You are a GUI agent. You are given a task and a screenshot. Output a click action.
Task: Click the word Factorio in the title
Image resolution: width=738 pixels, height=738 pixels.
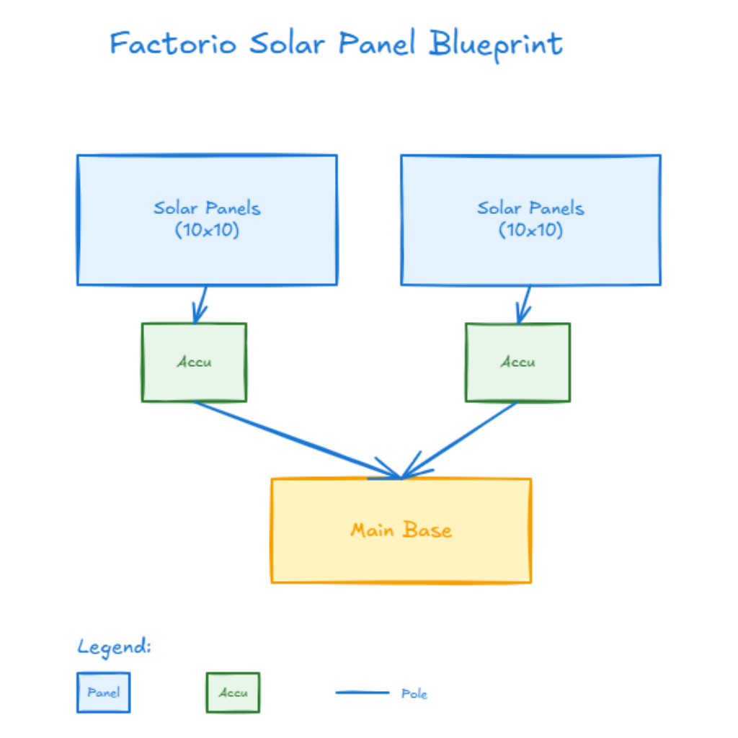coord(173,44)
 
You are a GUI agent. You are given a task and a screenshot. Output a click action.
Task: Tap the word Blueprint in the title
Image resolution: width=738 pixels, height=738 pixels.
coord(496,45)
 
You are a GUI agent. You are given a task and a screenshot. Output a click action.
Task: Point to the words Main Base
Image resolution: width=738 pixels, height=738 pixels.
coord(401,530)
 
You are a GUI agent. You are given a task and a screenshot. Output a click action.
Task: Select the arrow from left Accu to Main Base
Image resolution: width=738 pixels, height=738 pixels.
coord(295,440)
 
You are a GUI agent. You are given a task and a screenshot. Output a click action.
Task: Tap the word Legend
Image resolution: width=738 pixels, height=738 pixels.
coord(114,646)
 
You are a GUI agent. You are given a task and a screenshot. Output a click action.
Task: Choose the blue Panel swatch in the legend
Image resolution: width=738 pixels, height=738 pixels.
coord(104,693)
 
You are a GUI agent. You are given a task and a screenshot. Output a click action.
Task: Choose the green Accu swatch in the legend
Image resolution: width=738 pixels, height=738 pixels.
coord(233,693)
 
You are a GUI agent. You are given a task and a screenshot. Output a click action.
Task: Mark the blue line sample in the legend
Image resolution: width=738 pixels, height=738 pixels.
coord(362,693)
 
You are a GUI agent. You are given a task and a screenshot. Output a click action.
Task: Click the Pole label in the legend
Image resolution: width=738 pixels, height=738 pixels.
coord(414,694)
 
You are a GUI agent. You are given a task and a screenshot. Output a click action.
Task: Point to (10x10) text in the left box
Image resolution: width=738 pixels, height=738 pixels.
coord(207,231)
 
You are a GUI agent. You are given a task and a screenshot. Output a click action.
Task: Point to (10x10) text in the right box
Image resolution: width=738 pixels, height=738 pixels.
coord(530,231)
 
